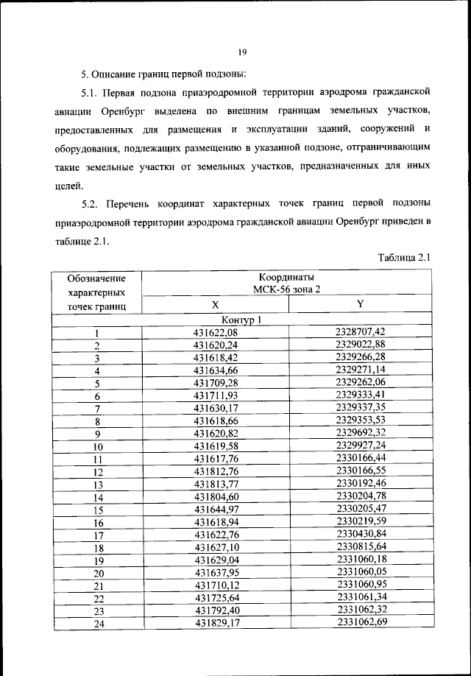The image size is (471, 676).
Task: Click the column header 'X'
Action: tap(215, 306)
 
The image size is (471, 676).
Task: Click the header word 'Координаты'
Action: tap(286, 278)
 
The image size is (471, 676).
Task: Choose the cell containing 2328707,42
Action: tap(360, 332)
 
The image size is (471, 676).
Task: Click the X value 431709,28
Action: tap(215, 383)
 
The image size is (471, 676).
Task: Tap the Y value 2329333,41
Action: tap(360, 395)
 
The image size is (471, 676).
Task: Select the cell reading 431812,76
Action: tap(215, 472)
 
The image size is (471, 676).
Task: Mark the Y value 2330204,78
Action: tap(360, 497)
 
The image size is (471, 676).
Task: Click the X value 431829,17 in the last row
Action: tap(215, 624)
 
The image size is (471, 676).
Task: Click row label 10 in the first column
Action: tap(96, 447)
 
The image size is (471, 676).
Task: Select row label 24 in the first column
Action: tap(96, 625)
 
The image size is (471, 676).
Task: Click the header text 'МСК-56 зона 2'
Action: tap(286, 291)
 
